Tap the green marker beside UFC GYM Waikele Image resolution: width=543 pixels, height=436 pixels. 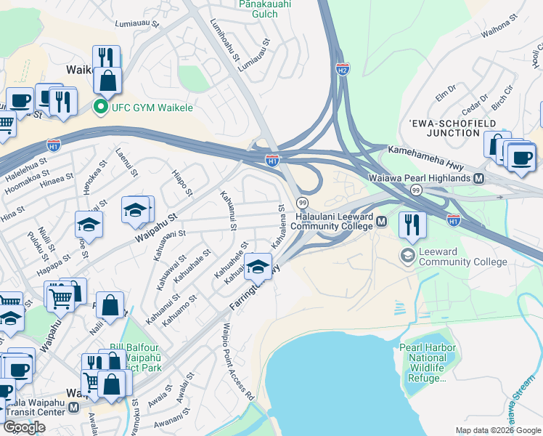101,108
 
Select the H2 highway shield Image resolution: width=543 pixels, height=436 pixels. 343,69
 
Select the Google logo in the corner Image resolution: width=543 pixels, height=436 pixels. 24,427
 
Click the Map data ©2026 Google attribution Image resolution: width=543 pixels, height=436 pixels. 497,430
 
